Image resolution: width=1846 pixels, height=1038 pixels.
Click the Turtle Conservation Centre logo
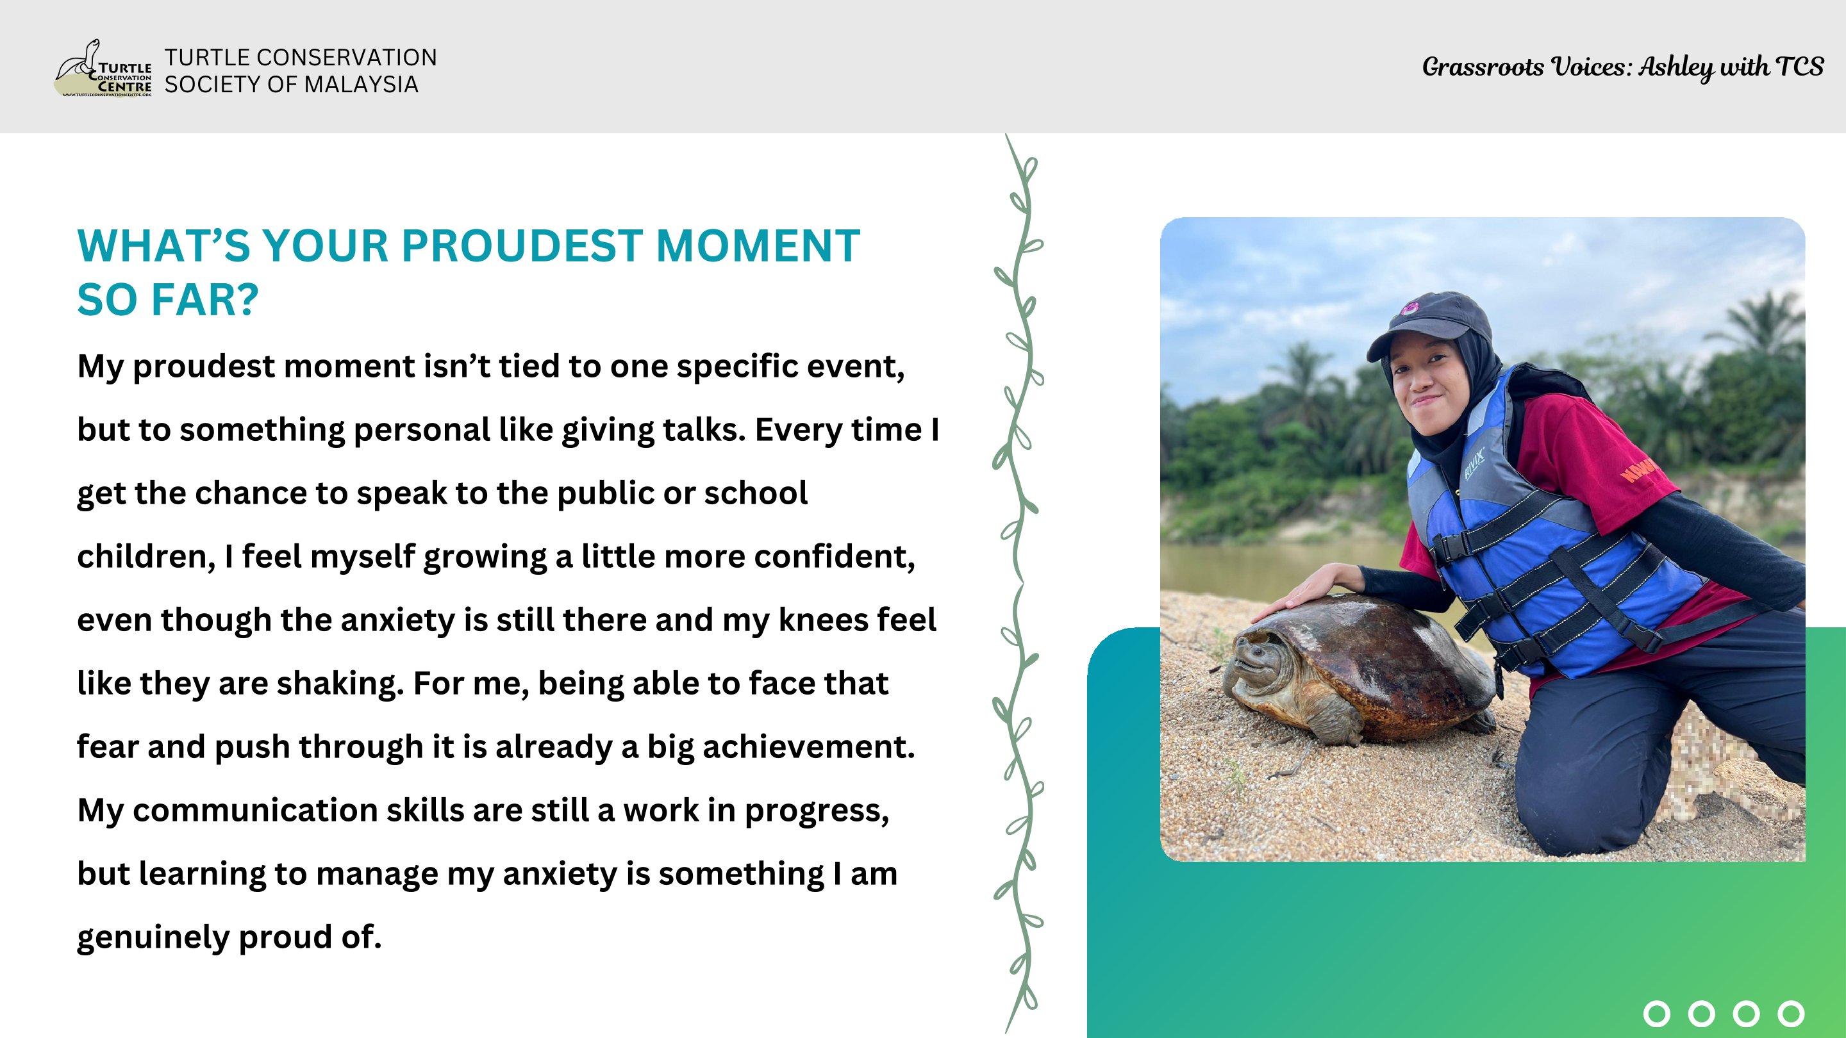pyautogui.click(x=104, y=69)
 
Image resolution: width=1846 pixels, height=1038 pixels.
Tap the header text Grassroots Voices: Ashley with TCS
pyautogui.click(x=1622, y=67)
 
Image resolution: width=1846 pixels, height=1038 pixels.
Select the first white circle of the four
pyautogui.click(x=1656, y=1014)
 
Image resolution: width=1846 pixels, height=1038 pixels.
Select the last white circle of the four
pyautogui.click(x=1791, y=1014)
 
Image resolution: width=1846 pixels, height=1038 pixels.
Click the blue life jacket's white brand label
pyautogui.click(x=1475, y=464)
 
